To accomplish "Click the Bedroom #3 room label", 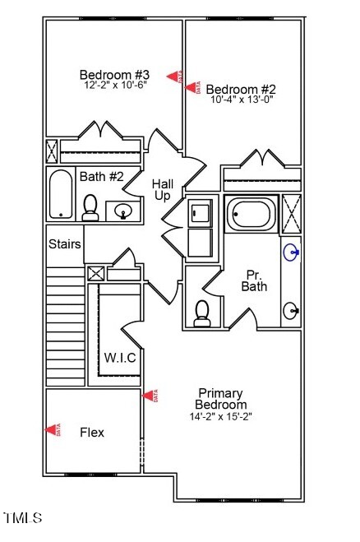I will tap(113, 72).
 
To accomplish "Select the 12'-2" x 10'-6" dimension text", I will tap(113, 85).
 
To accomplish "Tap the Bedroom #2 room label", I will tap(240, 89).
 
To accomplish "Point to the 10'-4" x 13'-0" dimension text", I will tap(241, 100).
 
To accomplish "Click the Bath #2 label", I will tap(101, 176).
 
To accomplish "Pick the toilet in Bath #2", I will tap(90, 207).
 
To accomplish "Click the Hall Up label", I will tap(162, 190).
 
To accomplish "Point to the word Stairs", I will tap(64, 244).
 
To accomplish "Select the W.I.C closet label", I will tap(119, 358).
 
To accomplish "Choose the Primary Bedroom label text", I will tap(220, 399).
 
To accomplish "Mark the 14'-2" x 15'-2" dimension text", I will tap(220, 416).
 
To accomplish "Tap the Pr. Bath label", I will tap(253, 280).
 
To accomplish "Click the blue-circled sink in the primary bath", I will tap(291, 252).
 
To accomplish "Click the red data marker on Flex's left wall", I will tap(53, 429).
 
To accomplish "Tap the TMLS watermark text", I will tap(22, 518).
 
